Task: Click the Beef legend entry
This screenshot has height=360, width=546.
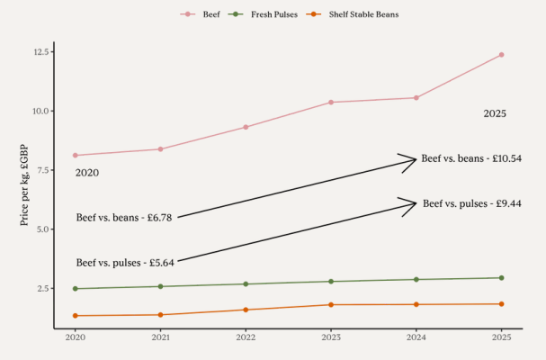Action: tap(205, 14)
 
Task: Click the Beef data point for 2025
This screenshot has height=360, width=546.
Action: tap(501, 55)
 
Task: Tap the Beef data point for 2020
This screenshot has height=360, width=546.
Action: tap(76, 155)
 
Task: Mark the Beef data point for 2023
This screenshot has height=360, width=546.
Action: tap(331, 102)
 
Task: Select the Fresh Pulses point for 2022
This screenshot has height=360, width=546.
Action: tap(246, 284)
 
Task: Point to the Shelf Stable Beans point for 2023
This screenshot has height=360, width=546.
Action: tap(331, 304)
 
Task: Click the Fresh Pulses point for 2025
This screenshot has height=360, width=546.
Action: tap(501, 278)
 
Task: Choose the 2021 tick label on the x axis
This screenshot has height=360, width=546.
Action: tap(160, 337)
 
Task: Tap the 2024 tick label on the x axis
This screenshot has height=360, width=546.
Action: tap(416, 337)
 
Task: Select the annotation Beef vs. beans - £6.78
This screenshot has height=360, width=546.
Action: tap(124, 217)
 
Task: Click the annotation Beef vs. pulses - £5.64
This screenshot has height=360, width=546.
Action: tap(125, 263)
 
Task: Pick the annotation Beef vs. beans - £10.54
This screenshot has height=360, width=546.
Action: tap(471, 158)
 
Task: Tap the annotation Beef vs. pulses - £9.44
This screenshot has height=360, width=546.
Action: tap(472, 203)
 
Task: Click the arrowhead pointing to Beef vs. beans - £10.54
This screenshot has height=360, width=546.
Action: tap(414, 159)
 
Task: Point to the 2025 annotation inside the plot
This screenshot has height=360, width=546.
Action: tap(495, 113)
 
